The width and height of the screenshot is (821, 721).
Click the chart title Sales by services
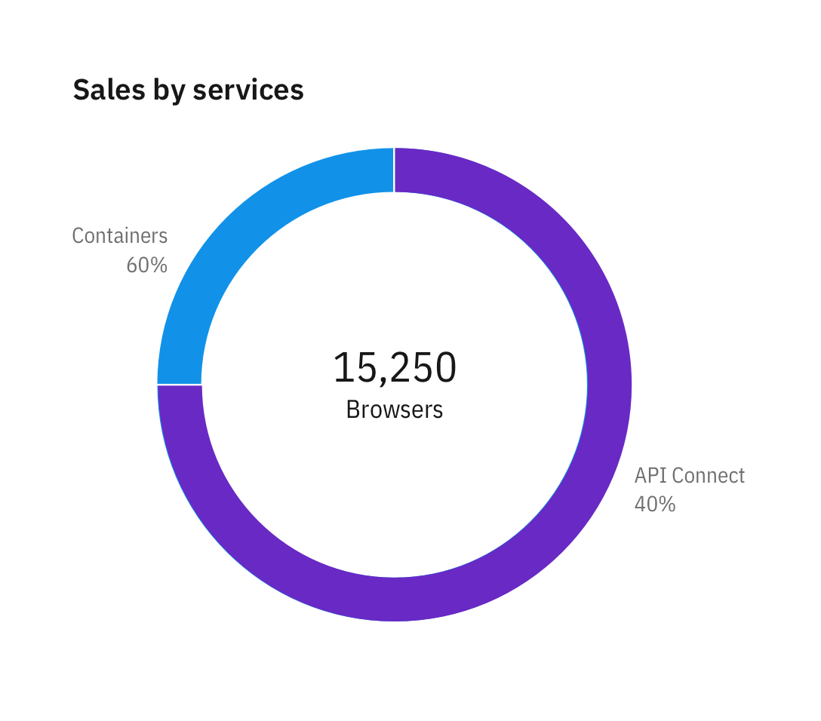188,91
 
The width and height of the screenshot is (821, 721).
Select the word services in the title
248,91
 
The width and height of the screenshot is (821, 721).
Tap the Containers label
119,236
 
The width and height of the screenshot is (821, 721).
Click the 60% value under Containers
146,265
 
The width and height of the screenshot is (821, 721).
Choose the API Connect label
689,476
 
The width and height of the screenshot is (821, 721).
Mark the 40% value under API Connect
654,504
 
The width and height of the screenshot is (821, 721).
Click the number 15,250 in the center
394,368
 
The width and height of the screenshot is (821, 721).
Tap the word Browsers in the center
394,410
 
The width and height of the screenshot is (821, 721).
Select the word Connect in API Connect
708,476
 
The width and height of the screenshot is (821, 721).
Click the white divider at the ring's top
394,170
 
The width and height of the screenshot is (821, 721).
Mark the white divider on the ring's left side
180,385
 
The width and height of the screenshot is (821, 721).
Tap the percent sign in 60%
158,265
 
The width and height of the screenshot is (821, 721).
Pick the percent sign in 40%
666,504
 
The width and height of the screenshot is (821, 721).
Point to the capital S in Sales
81,91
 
